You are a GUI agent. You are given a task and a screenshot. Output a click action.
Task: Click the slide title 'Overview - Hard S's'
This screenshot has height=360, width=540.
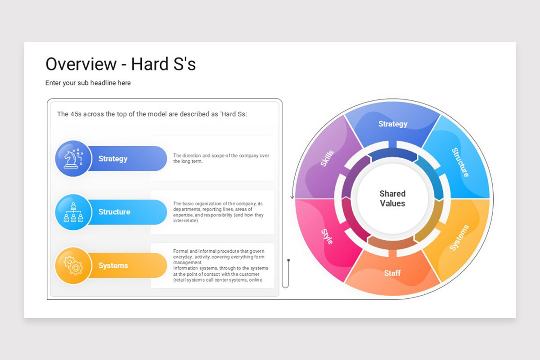click(121, 64)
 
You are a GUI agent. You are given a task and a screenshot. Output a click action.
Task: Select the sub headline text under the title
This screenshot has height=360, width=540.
click(88, 83)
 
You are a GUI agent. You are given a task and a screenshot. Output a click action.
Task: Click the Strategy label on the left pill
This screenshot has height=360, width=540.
click(113, 158)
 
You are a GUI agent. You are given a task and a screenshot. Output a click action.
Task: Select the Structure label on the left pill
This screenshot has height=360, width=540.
click(114, 212)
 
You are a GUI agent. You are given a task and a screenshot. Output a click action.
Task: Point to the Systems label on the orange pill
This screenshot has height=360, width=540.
click(113, 265)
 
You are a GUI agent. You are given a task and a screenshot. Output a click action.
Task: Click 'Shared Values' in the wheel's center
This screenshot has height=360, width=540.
click(392, 198)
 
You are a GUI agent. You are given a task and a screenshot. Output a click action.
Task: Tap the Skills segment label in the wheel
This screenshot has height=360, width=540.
click(327, 158)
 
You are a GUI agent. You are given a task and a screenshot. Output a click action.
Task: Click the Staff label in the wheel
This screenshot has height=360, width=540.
click(392, 273)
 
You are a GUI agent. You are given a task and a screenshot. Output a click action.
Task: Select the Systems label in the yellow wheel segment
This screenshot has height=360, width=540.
click(459, 238)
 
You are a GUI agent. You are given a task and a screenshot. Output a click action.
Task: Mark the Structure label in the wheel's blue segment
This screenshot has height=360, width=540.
click(460, 162)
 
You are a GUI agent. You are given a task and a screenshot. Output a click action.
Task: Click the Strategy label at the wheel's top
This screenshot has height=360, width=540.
click(393, 124)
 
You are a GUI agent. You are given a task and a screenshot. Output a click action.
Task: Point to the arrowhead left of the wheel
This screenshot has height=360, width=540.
click(292, 197)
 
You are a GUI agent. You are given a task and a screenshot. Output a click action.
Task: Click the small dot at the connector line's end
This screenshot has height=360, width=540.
click(288, 260)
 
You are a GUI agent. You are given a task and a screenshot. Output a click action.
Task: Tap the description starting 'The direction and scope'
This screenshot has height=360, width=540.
click(221, 158)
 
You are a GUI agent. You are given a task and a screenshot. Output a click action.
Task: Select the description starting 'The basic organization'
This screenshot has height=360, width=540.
click(219, 212)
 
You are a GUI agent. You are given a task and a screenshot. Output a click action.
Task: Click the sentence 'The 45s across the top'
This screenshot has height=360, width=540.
click(152, 114)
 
